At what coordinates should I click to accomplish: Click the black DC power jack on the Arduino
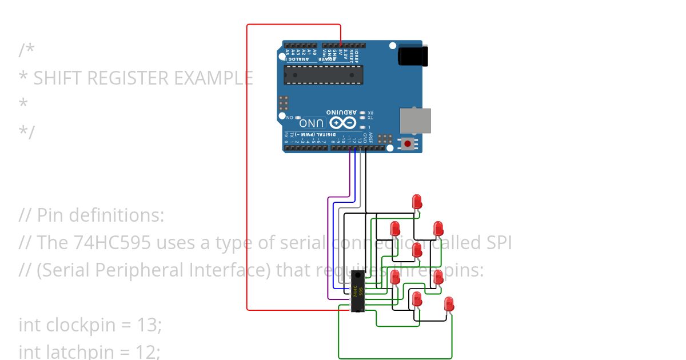(409, 55)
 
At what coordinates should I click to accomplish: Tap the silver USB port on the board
(414, 120)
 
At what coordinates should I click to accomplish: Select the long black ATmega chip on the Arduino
(324, 75)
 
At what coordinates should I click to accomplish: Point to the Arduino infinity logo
(342, 123)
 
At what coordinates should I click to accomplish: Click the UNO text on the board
(312, 123)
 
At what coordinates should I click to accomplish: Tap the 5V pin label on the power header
(341, 53)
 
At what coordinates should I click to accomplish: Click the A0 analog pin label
(315, 52)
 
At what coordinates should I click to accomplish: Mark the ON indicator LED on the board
(297, 117)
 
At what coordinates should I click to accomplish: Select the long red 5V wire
(247, 171)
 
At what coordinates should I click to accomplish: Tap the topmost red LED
(417, 201)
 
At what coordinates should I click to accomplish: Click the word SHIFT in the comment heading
(59, 78)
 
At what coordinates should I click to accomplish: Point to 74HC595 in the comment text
(113, 243)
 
